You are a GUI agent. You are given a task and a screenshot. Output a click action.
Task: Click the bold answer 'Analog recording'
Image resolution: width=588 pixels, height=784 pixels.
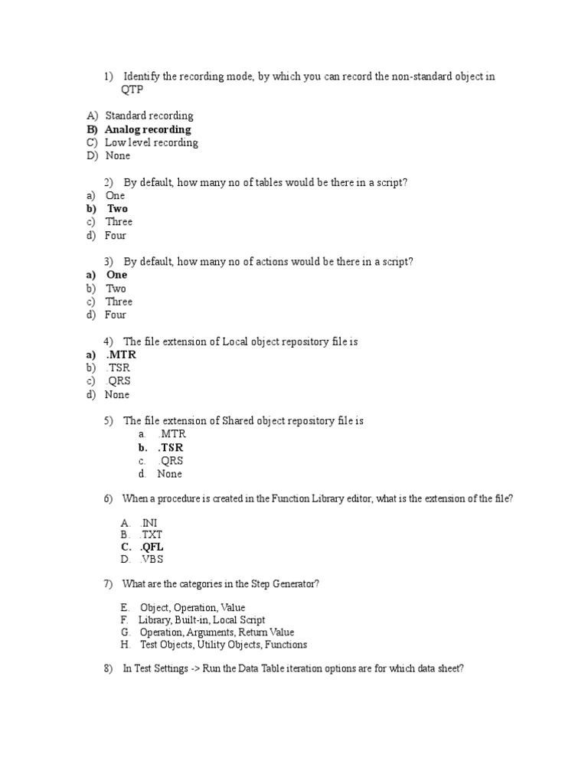tap(148, 129)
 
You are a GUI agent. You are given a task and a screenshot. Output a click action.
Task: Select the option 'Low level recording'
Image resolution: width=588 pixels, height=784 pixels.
tap(151, 142)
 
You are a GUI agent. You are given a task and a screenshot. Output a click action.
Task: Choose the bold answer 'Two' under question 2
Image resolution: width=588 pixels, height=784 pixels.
tap(117, 208)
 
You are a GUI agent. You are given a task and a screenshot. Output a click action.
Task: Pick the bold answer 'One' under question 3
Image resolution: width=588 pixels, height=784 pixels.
tap(116, 275)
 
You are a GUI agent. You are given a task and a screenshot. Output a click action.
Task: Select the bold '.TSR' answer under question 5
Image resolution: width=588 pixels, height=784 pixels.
tap(171, 447)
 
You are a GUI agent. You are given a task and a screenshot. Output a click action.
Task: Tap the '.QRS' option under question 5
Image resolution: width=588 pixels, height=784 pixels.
tap(171, 461)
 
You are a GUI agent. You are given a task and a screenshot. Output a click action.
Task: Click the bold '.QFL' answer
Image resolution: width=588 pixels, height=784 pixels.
tap(152, 547)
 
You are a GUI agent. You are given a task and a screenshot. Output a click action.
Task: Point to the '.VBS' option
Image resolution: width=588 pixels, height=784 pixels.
tap(152, 559)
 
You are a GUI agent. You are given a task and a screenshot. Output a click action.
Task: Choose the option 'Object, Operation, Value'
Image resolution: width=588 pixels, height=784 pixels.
tap(192, 608)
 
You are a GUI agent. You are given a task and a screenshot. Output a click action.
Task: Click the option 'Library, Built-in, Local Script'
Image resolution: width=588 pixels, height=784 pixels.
tap(201, 620)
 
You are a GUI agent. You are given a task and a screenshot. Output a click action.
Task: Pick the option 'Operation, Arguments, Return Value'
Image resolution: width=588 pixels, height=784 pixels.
tap(217, 632)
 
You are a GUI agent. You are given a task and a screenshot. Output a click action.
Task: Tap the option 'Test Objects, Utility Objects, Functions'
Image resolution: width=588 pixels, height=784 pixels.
tap(224, 645)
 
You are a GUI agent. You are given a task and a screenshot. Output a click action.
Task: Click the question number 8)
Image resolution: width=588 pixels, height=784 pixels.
tap(108, 668)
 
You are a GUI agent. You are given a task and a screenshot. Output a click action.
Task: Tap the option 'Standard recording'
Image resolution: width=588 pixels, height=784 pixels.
tap(149, 116)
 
